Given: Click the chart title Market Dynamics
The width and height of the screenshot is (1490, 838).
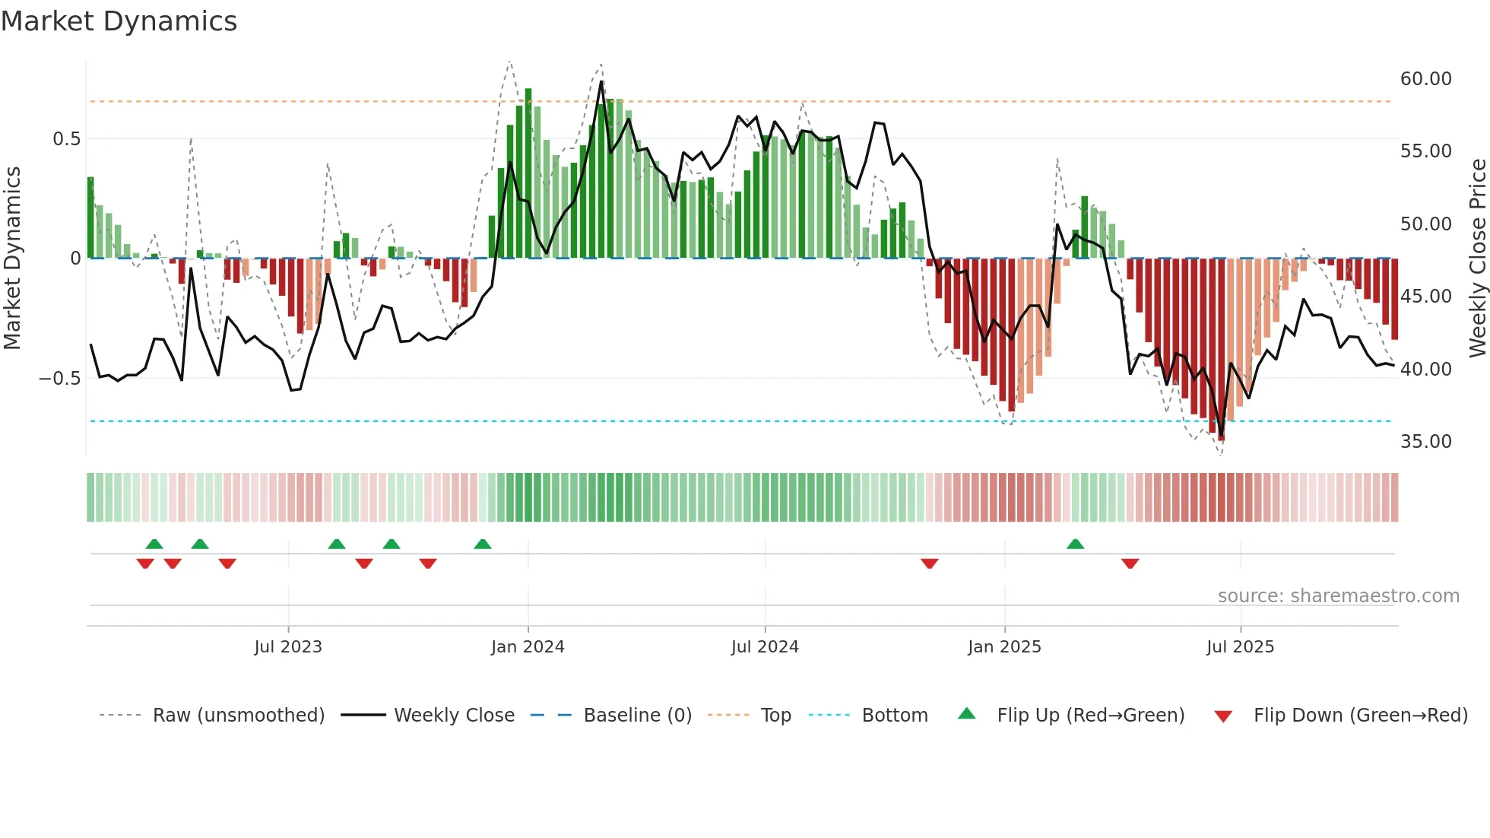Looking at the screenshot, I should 119,21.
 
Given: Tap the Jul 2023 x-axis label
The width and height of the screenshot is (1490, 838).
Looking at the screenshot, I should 288,647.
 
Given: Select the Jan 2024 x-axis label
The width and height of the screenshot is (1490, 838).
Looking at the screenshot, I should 528,647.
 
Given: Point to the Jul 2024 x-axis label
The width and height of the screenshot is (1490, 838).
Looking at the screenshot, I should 765,647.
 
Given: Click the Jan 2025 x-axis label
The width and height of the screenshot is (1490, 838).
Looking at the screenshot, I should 1004,647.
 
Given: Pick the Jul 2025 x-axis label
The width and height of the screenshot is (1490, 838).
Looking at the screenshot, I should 1240,647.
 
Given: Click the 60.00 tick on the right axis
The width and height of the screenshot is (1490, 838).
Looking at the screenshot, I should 1425,79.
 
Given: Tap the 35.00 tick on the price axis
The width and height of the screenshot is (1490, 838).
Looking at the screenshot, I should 1425,442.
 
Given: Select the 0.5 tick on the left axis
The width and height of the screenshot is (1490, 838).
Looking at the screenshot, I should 66,139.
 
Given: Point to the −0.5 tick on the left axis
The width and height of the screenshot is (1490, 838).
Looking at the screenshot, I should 59,379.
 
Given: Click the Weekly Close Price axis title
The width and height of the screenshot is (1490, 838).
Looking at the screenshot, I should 1477,259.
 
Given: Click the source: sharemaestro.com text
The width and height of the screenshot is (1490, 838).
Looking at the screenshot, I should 1338,596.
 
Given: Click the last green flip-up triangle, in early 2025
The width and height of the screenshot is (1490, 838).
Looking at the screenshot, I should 1075,544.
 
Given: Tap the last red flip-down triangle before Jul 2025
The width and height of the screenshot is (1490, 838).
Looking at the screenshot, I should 1130,563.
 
